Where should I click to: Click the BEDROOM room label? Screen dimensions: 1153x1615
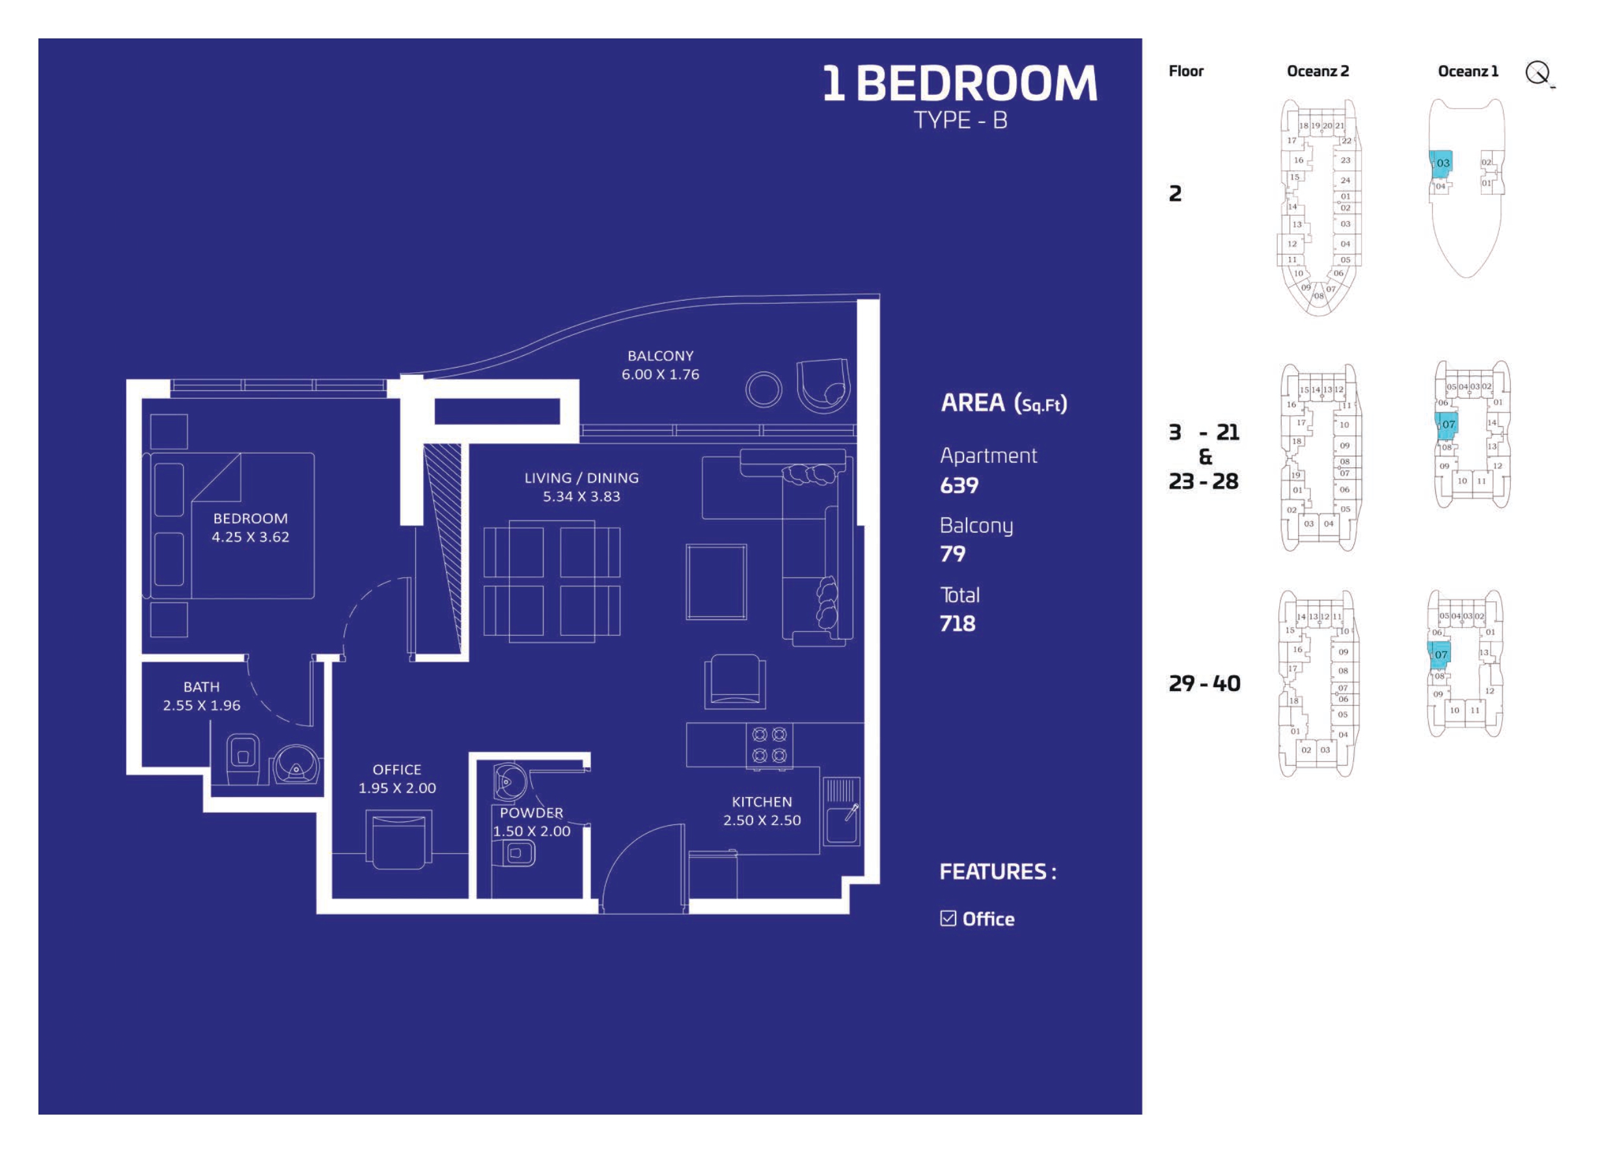pos(250,519)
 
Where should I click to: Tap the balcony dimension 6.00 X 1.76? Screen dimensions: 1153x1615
pos(660,374)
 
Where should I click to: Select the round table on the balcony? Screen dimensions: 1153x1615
pos(764,389)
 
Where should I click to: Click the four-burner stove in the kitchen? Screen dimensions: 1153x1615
pos(769,745)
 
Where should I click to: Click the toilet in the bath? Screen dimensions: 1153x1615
pos(242,757)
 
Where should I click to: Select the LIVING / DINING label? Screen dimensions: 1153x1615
pos(581,478)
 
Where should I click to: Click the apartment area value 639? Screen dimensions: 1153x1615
pos(959,485)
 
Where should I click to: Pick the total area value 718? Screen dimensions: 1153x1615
pos(958,623)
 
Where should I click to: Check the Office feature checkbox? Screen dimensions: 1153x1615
pos(947,918)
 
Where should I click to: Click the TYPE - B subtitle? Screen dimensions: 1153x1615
pos(959,120)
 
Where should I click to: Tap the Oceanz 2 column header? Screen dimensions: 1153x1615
pos(1318,71)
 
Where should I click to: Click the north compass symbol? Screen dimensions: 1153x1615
pos(1538,72)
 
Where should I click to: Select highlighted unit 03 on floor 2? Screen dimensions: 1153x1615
pos(1442,163)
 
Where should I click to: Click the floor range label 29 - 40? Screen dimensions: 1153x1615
pos(1204,683)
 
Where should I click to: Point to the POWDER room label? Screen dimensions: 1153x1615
pos(531,813)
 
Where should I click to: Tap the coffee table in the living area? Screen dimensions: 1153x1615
pos(716,582)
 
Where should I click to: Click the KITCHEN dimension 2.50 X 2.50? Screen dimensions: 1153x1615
pos(762,820)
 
